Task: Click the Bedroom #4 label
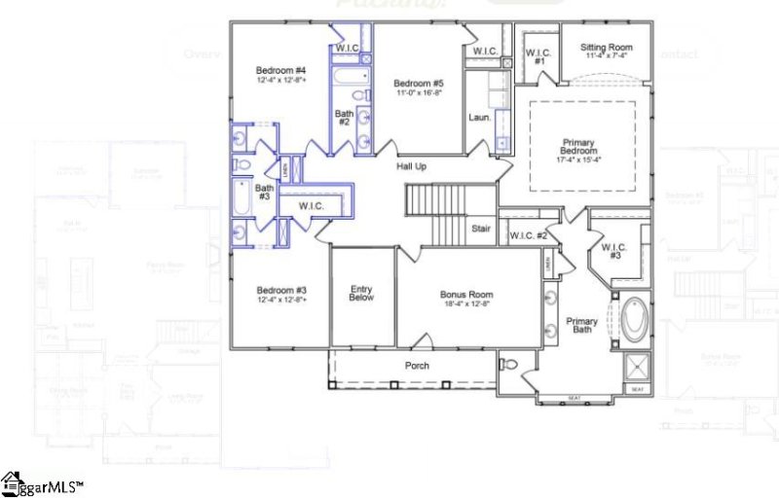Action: click(281, 70)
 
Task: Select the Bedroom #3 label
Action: click(281, 290)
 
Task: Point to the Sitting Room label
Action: click(606, 47)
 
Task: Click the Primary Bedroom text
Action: click(577, 148)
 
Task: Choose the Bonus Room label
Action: click(466, 295)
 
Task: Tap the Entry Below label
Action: click(362, 294)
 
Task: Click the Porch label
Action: click(417, 366)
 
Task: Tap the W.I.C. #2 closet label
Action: click(529, 234)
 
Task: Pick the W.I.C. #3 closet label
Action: click(612, 253)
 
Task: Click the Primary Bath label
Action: click(582, 327)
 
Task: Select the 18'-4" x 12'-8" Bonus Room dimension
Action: click(466, 304)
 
